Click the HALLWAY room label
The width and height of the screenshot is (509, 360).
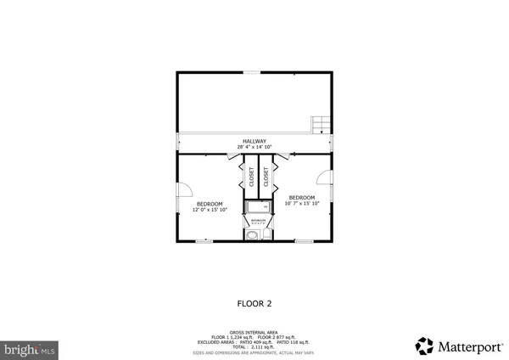[255, 141]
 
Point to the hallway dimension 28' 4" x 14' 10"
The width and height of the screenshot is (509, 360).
[255, 147]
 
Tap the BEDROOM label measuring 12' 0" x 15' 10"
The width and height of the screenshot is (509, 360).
[210, 204]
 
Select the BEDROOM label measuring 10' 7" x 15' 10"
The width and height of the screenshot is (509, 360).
[302, 198]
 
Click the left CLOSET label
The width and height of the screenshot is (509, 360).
[252, 176]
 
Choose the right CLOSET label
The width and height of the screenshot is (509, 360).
[266, 176]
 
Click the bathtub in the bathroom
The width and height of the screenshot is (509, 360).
[258, 207]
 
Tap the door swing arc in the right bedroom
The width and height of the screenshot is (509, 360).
[324, 177]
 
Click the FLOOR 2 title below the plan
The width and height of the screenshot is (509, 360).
[254, 301]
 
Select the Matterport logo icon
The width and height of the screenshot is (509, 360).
[424, 346]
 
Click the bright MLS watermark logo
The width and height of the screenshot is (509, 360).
[31, 348]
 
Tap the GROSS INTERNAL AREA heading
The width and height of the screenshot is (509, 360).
[255, 332]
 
